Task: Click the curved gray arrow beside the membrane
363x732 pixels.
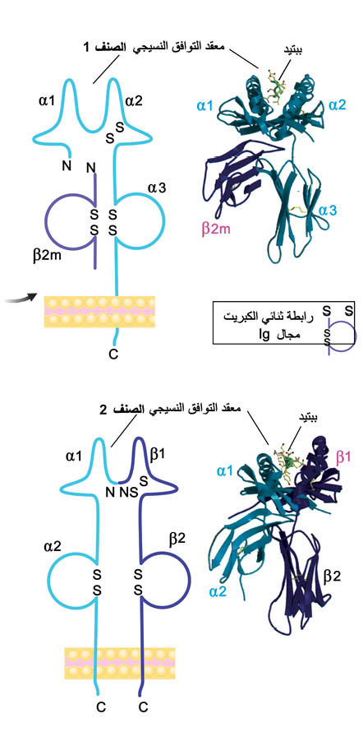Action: [x=21, y=298]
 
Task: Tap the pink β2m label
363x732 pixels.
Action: [x=217, y=229]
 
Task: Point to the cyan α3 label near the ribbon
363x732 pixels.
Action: [x=328, y=211]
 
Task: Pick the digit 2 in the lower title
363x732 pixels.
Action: [x=103, y=410]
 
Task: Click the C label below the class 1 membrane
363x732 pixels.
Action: [x=113, y=355]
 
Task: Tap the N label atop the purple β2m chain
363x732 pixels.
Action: [x=92, y=167]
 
